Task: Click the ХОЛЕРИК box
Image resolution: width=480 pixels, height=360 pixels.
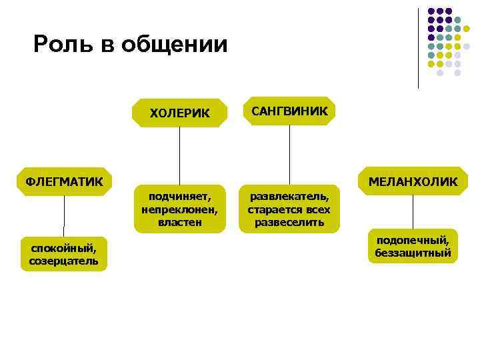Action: pyautogui.click(x=179, y=113)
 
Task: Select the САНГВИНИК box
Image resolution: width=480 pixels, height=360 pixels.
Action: pyautogui.click(x=289, y=111)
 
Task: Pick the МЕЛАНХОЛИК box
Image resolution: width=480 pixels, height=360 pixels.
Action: pyautogui.click(x=412, y=181)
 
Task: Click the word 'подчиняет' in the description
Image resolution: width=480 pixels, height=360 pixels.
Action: pyautogui.click(x=179, y=197)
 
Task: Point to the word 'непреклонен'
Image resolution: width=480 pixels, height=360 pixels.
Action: pyautogui.click(x=179, y=209)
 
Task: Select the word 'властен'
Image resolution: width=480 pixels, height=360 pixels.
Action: pyautogui.click(x=179, y=221)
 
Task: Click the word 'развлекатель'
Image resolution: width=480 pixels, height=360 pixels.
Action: pyautogui.click(x=289, y=197)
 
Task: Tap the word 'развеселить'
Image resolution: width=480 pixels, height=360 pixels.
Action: pyautogui.click(x=289, y=221)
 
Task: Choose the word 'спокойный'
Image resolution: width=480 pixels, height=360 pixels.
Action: pyautogui.click(x=63, y=248)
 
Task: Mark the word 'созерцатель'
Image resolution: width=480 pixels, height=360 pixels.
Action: pyautogui.click(x=63, y=261)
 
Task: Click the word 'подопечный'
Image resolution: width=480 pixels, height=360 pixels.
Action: pyautogui.click(x=413, y=240)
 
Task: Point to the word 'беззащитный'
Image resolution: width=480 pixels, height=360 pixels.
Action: pyautogui.click(x=413, y=253)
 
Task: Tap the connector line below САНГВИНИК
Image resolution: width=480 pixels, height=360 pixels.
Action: pyautogui.click(x=289, y=155)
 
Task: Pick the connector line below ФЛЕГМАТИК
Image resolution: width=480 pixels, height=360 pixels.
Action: pyautogui.click(x=64, y=216)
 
